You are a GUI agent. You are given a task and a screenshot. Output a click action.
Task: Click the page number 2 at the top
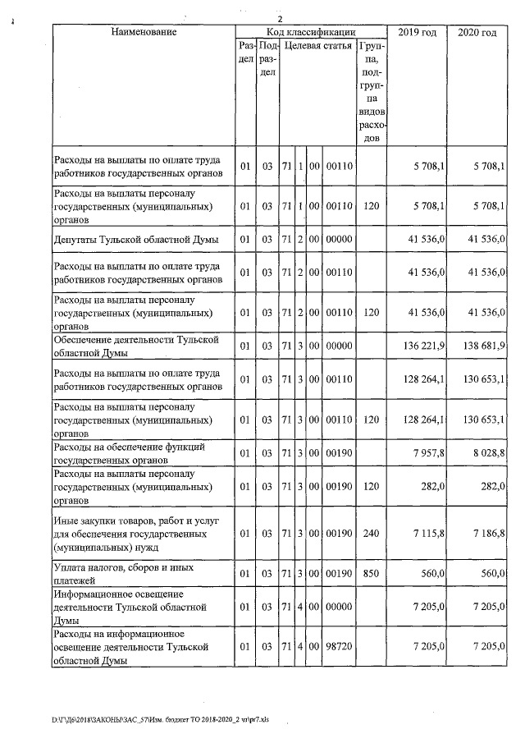point(280,20)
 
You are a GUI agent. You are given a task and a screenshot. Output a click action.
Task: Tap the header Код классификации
point(310,32)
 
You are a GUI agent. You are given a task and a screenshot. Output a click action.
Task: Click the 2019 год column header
point(417,32)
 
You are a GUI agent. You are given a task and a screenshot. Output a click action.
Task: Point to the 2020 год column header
point(476,32)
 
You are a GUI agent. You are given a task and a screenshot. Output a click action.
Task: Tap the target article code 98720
point(338,647)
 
